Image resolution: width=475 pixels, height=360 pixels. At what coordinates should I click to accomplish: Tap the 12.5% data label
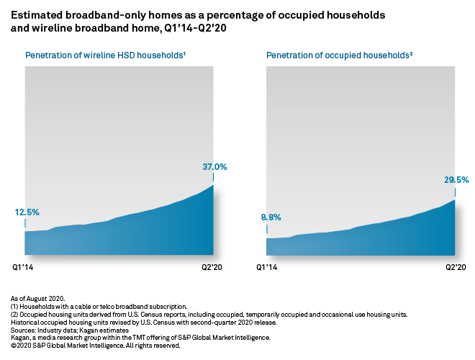[27, 212]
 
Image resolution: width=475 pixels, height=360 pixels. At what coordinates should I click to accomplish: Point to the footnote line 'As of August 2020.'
[38, 297]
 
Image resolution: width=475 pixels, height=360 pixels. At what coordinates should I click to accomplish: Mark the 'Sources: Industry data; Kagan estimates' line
[69, 330]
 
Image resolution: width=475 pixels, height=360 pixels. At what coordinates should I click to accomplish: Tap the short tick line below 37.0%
[213, 177]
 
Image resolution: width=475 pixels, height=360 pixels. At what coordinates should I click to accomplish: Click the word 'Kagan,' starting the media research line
[21, 338]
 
